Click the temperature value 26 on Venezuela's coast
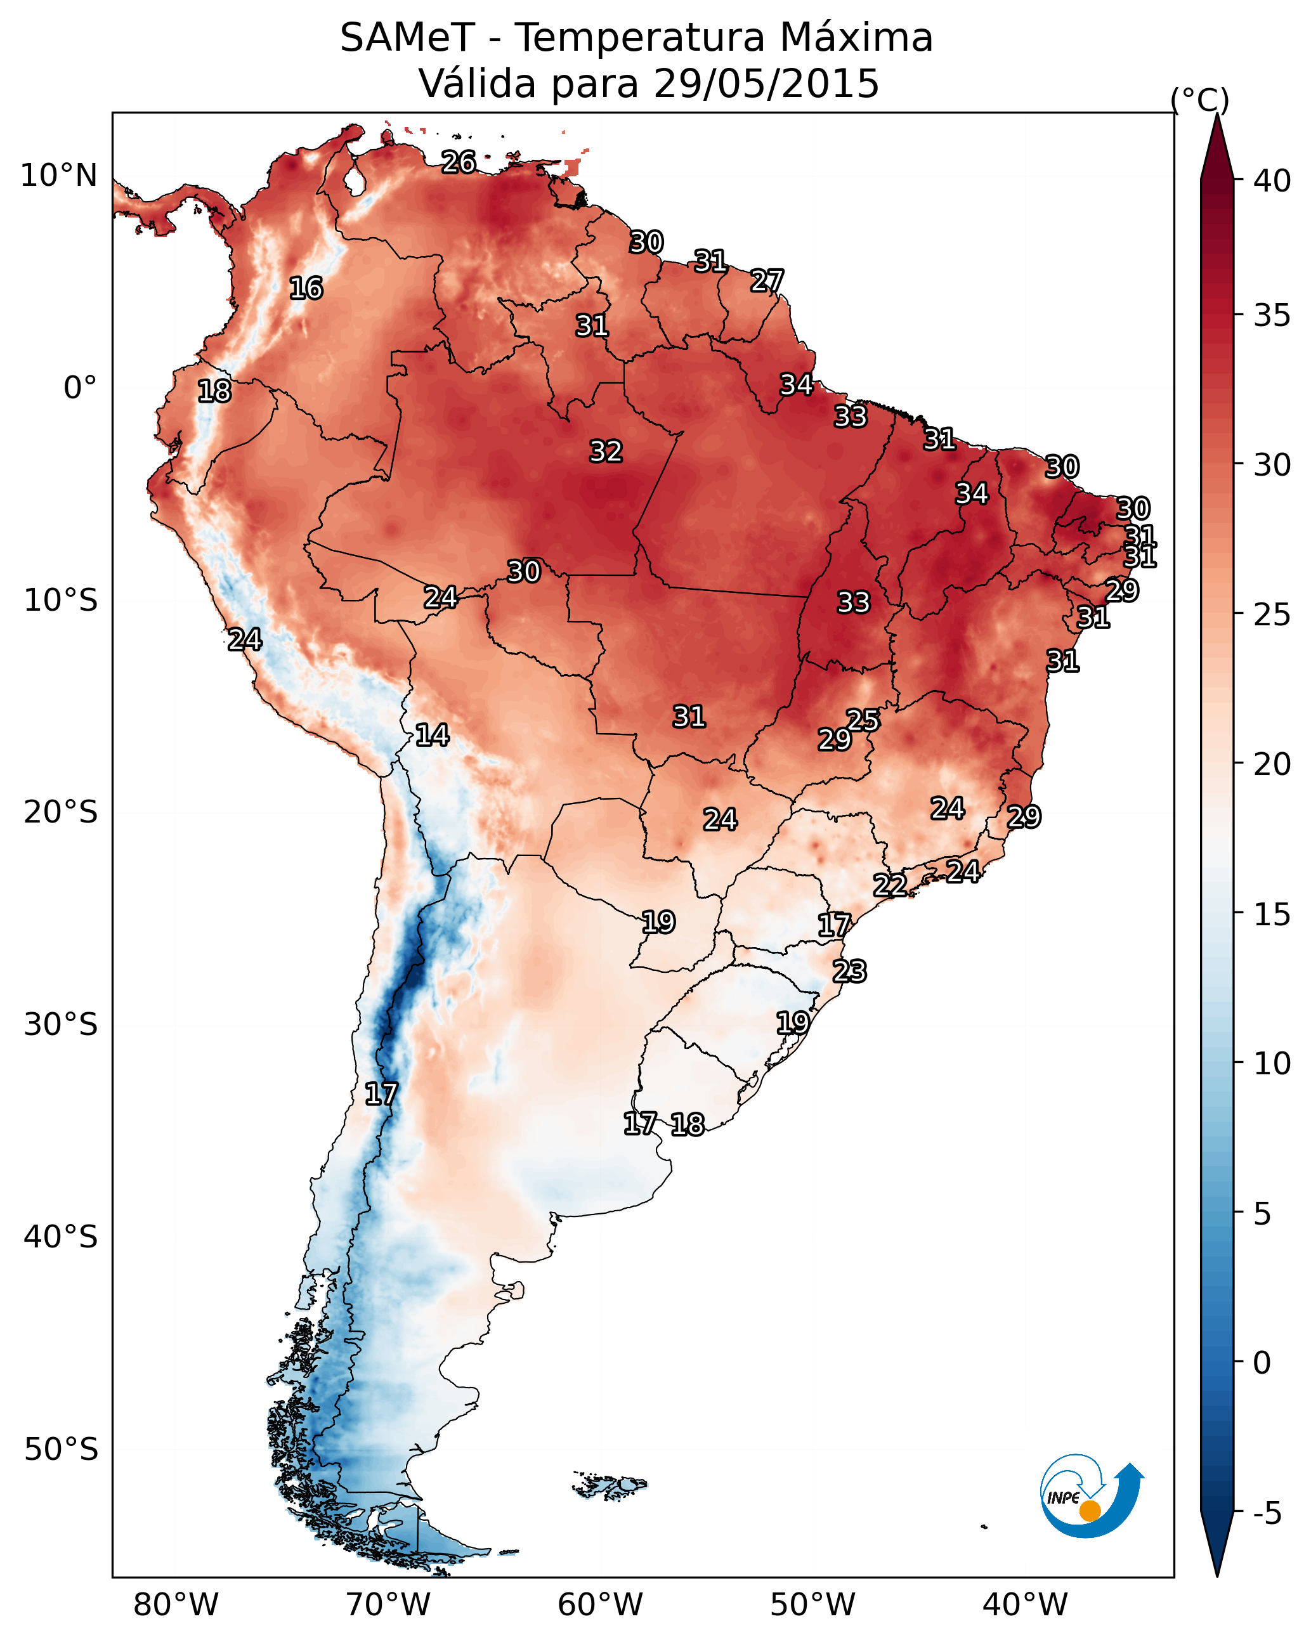coord(459,162)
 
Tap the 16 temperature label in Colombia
coord(306,289)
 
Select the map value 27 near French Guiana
coord(767,281)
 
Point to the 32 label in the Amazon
coord(606,451)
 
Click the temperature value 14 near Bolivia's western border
coord(432,735)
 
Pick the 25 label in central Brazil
coord(863,720)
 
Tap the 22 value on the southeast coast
coord(889,885)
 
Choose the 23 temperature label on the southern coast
coord(849,972)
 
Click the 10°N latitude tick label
coord(58,176)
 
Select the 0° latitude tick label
coord(81,388)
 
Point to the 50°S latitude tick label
coord(61,1450)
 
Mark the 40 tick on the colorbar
coord(1272,181)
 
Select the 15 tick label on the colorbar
coord(1272,914)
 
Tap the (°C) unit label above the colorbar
coord(1200,100)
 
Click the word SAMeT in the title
coord(408,38)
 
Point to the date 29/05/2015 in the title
coord(766,83)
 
